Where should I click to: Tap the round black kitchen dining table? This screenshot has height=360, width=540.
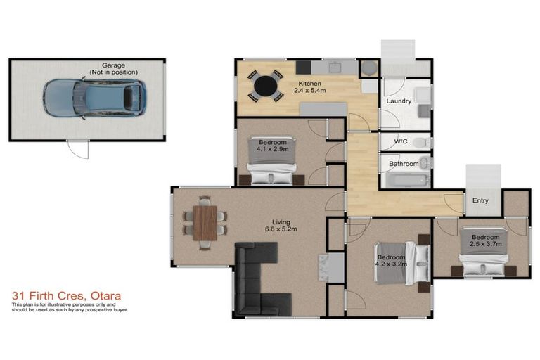pos(266,86)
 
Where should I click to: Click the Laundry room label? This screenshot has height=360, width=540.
pos(398,101)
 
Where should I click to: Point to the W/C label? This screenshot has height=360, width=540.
pos(400,142)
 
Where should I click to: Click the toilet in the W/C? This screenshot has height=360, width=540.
pos(420,142)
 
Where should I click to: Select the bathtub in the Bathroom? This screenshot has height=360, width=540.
pos(404,179)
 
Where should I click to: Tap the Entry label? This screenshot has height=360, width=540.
pos(480,201)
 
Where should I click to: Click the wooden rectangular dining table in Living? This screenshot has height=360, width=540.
pos(205,221)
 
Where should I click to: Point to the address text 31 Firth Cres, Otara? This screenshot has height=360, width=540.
pos(58,297)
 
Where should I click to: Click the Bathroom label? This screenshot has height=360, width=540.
pos(404,164)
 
